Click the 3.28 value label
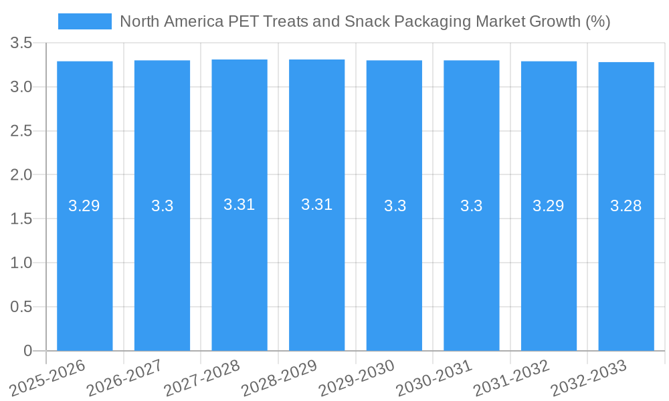[x=626, y=206]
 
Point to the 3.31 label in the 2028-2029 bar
[x=317, y=205]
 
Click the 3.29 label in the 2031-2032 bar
[x=549, y=206]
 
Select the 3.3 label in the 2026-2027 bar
[x=162, y=206]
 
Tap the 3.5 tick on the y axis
[x=21, y=43]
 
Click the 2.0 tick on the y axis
[x=21, y=175]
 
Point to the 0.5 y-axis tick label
[x=21, y=307]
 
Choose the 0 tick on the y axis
[x=27, y=351]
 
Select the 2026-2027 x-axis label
[x=125, y=378]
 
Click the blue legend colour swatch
[x=85, y=21]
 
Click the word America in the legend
[x=194, y=21]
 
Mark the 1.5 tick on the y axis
[x=21, y=219]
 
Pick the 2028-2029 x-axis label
[x=280, y=378]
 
